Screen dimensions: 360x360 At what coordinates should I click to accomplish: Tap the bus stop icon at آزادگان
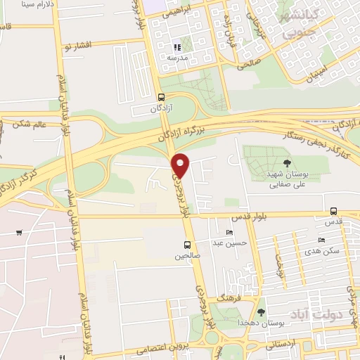161,98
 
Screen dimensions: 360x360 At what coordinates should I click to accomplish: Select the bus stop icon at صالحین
187,245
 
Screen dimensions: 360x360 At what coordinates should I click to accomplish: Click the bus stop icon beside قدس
333,210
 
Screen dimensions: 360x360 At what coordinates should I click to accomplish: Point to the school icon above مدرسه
176,47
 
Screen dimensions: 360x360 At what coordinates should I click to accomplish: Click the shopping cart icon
18,233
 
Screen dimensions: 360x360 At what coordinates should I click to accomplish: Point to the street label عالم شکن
29,125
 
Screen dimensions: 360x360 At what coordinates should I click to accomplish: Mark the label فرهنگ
231,298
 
